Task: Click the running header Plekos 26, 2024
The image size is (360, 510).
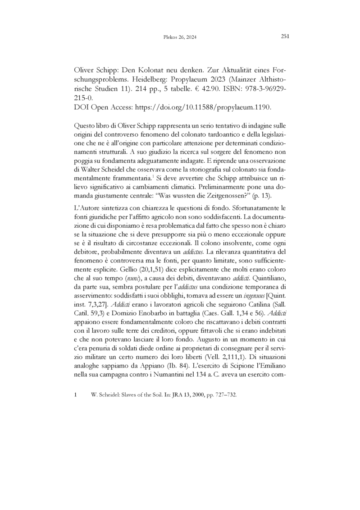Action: click(179, 37)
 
